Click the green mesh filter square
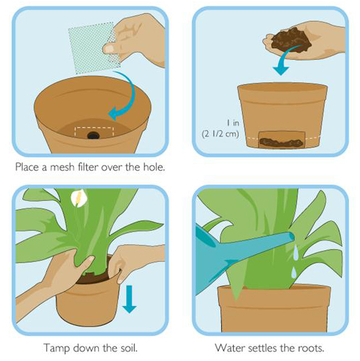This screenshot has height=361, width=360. tap(94, 48)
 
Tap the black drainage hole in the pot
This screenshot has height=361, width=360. tap(94, 135)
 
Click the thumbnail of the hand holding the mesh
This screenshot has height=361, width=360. tap(110, 49)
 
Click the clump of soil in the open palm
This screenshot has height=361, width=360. tap(291, 39)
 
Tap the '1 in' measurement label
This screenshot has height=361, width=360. tap(233, 123)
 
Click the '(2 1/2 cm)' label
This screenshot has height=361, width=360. tap(220, 134)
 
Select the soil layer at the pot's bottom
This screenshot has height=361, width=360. tap(281, 142)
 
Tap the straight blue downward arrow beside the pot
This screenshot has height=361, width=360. tap(129, 299)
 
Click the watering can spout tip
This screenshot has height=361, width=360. tap(292, 236)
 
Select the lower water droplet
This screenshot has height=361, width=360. tap(294, 273)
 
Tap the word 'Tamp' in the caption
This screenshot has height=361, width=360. tap(56, 348)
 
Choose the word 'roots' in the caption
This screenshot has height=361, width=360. tap(310, 348)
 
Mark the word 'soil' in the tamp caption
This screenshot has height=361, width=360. tap(128, 347)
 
